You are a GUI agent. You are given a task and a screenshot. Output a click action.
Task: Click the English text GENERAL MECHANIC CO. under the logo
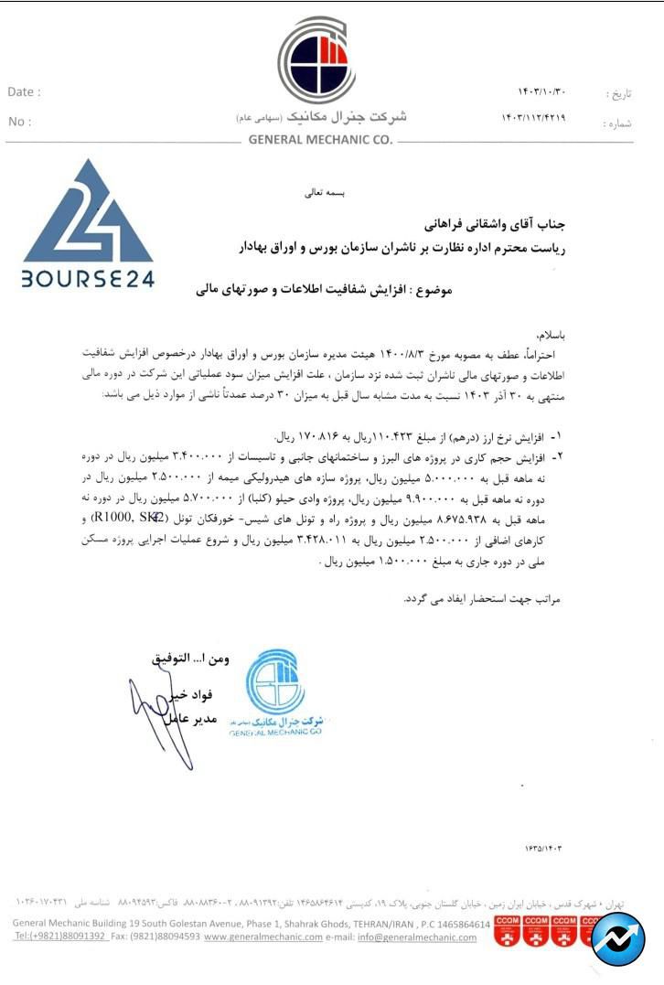point(320,140)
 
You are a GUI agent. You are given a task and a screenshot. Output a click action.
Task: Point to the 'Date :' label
point(24,92)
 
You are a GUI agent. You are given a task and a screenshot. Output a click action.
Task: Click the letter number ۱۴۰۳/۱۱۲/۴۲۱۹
point(533,119)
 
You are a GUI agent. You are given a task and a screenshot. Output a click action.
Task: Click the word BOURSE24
point(88,277)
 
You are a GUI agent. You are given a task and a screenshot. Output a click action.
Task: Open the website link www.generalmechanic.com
point(263,937)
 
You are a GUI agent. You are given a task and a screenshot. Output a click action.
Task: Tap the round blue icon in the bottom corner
point(618,938)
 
